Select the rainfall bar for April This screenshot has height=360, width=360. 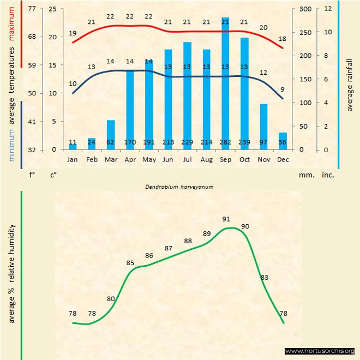pyautogui.click(x=130, y=109)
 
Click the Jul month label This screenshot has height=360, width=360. pyautogui.click(x=187, y=159)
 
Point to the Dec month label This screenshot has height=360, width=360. pyautogui.click(x=283, y=159)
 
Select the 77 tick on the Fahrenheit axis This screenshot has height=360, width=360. pyautogui.click(x=32, y=9)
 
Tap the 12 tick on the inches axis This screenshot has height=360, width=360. pyautogui.click(x=328, y=9)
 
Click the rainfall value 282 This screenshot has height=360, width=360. pyautogui.click(x=225, y=142)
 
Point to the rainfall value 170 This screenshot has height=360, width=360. pyautogui.click(x=130, y=142)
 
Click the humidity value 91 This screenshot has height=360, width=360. pyautogui.click(x=226, y=219)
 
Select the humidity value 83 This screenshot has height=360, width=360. pyautogui.click(x=265, y=278)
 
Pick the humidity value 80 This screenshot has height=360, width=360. pyautogui.click(x=111, y=298)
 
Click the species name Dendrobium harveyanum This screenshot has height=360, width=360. pyautogui.click(x=179, y=186)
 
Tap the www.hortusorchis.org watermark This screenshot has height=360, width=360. pyautogui.click(x=320, y=351)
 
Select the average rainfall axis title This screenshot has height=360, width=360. pyautogui.click(x=350, y=84)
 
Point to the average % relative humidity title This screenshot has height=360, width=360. pyautogui.click(x=12, y=273)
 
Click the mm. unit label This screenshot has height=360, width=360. pyautogui.click(x=305, y=176)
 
